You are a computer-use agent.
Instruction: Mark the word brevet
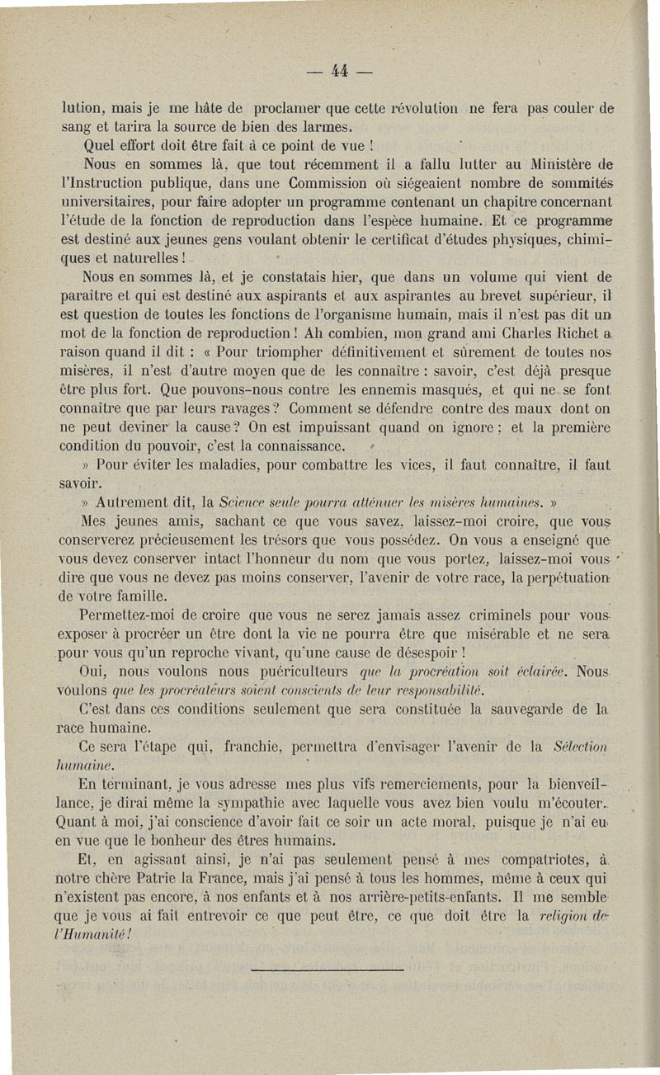pyautogui.click(x=464, y=294)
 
